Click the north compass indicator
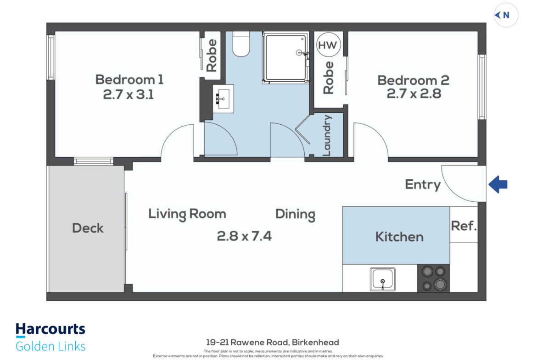(505, 15)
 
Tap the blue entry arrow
(498, 184)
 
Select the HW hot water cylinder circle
(328, 45)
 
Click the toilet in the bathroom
(241, 44)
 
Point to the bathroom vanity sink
(223, 99)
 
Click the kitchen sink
(382, 279)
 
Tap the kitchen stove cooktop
(433, 278)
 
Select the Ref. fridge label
(464, 226)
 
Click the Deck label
(88, 228)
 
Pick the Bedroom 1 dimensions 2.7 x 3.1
(129, 94)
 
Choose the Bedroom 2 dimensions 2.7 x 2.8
(414, 94)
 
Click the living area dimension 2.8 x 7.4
(244, 236)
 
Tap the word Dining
(295, 215)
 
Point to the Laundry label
(327, 135)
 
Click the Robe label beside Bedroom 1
(212, 55)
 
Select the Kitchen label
(399, 237)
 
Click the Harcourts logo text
(50, 329)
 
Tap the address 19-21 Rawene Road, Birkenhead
(273, 342)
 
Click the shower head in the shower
(300, 52)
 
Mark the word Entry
(423, 185)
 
